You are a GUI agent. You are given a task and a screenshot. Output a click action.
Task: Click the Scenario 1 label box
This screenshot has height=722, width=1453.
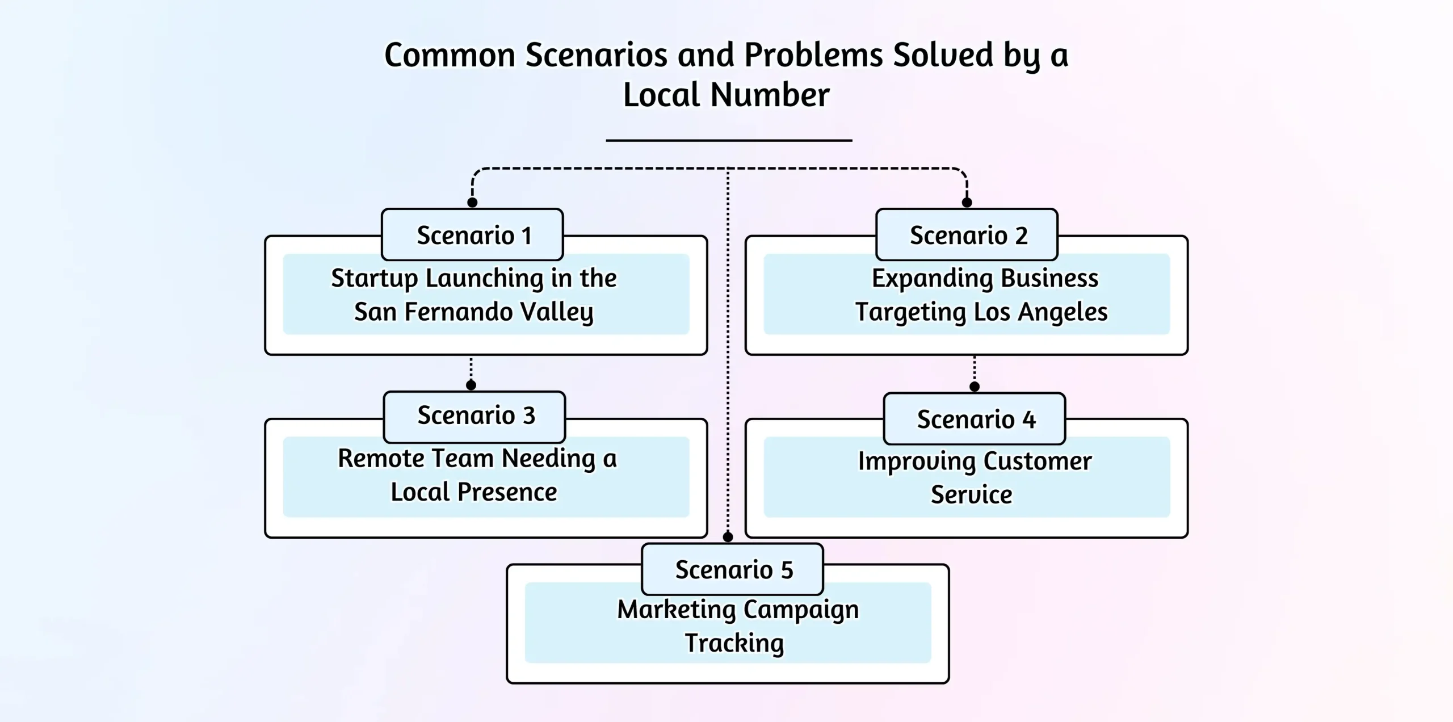tap(472, 235)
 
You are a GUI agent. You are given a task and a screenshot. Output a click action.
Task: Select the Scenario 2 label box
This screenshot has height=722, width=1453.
tap(967, 235)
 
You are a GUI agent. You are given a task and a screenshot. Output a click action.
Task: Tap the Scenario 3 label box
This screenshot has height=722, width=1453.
tap(474, 416)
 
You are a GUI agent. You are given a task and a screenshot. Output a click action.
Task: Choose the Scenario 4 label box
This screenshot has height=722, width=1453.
tap(975, 419)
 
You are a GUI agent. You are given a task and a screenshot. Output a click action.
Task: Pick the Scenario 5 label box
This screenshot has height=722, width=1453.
tap(732, 569)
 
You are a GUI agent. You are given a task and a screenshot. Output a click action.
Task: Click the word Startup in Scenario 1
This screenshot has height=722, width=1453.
tap(375, 279)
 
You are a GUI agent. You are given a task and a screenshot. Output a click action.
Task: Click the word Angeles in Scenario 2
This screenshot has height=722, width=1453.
tap(1063, 312)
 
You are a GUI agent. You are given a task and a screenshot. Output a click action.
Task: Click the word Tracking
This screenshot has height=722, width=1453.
tap(734, 643)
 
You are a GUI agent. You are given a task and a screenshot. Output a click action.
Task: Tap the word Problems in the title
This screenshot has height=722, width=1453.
tap(812, 55)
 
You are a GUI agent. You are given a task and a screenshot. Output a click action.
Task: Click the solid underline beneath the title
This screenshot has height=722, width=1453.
tap(729, 140)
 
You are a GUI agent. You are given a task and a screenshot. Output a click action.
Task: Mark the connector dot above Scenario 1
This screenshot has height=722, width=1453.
tap(472, 202)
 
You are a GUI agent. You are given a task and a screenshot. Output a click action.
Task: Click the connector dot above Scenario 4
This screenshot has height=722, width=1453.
tap(975, 387)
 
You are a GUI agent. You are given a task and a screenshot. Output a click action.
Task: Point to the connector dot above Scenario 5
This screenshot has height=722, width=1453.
tap(728, 536)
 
